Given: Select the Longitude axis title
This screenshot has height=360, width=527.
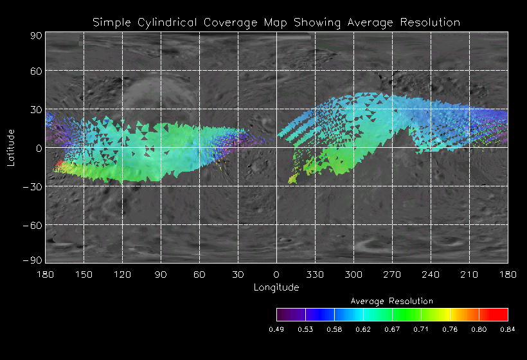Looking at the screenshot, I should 276,287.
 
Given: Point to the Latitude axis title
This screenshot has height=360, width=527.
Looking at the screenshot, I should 11,147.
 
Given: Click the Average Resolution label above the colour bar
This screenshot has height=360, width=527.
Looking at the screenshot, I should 392,301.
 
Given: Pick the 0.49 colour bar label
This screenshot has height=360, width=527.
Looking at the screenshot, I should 276,329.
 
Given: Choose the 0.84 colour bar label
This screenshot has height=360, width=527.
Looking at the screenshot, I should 508,329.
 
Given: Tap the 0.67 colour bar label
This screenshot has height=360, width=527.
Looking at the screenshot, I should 392,329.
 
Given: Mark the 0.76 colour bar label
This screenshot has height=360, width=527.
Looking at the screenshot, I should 450,329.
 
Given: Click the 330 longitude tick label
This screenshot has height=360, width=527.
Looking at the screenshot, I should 315,274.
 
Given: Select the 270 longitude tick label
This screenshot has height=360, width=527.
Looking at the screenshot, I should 392,274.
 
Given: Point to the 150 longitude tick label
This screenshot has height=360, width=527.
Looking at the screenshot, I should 84,274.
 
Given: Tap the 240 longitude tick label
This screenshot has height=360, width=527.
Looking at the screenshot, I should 431,274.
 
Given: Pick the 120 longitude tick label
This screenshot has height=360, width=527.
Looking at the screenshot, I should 122,274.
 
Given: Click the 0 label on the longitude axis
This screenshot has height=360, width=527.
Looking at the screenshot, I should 276,274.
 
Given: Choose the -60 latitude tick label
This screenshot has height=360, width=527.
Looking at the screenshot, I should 32,225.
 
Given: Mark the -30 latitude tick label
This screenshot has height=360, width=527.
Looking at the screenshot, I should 32,186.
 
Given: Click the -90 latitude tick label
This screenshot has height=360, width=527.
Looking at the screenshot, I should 32,260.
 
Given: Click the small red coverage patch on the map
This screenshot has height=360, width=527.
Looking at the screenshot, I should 59,165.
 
